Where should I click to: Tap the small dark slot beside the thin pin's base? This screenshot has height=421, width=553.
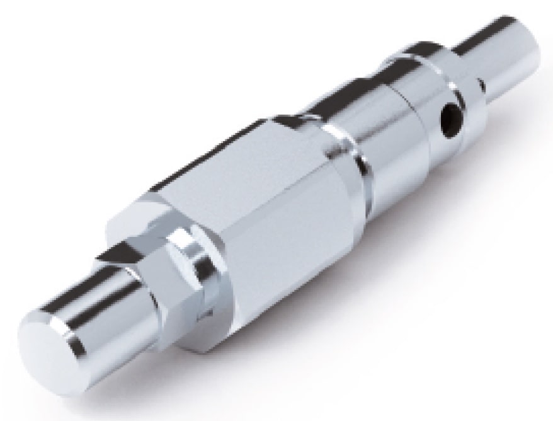(x=480, y=83)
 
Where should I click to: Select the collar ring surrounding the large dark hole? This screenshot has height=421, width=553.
(x=441, y=95)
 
